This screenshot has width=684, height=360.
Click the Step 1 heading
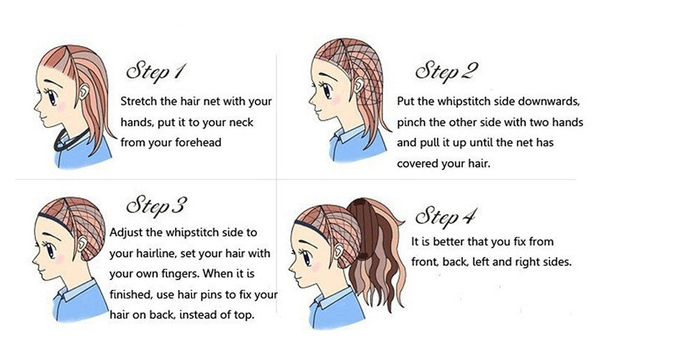tap(156, 71)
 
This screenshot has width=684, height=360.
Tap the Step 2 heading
tap(446, 71)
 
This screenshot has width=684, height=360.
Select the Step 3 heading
tap(156, 205)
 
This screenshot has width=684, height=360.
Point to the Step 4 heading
tap(445, 217)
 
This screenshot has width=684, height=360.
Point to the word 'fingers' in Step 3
tap(180, 274)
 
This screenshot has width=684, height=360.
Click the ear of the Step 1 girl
tap(84, 91)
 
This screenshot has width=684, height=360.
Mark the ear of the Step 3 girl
tap(82, 243)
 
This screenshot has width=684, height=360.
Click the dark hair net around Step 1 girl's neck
tap(70, 140)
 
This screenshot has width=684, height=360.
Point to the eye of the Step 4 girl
tap(307, 257)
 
